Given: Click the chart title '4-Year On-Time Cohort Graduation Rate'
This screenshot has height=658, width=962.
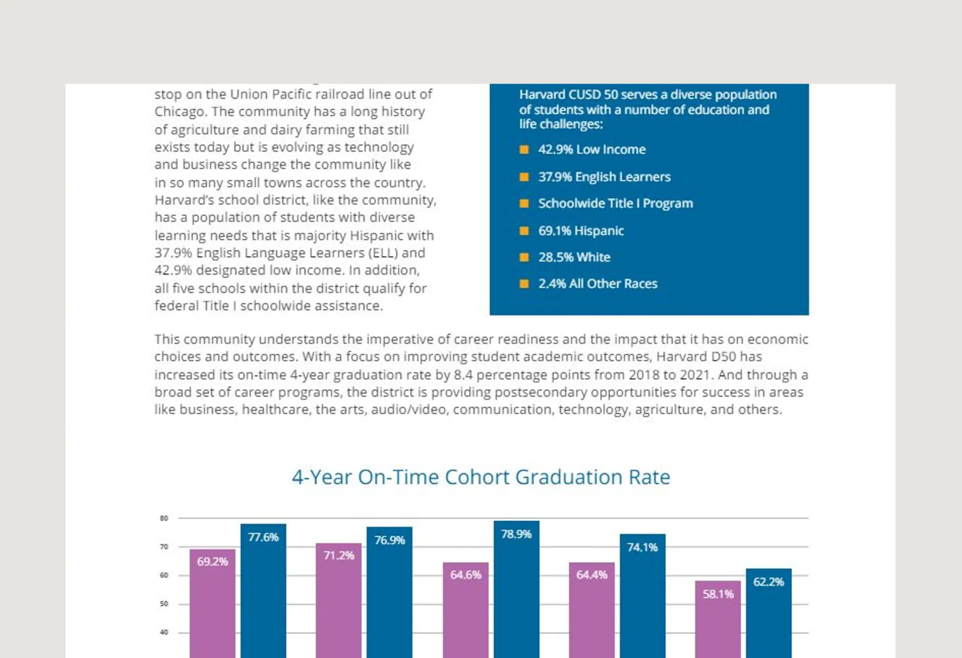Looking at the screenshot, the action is pyautogui.click(x=481, y=477).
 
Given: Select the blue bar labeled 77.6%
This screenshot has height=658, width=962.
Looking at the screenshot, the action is pyautogui.click(x=263, y=591).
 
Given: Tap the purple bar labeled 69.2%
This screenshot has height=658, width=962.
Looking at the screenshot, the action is pyautogui.click(x=213, y=604).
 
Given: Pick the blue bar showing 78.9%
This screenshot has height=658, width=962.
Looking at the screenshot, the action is pyautogui.click(x=516, y=589).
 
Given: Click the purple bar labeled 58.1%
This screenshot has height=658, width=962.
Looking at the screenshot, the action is pyautogui.click(x=718, y=620).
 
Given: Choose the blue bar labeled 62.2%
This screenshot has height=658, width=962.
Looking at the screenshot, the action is pyautogui.click(x=769, y=613).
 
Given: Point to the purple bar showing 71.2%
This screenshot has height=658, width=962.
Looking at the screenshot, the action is pyautogui.click(x=339, y=600).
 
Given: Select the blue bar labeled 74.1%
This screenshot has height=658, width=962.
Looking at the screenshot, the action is pyautogui.click(x=642, y=596).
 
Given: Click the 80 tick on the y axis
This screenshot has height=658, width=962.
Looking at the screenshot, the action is pyautogui.click(x=164, y=518).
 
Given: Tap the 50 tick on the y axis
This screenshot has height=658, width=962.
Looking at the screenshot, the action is pyautogui.click(x=164, y=604).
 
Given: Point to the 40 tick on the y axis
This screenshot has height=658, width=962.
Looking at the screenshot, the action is pyautogui.click(x=164, y=632).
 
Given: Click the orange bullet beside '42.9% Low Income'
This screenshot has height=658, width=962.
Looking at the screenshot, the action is pyautogui.click(x=524, y=150).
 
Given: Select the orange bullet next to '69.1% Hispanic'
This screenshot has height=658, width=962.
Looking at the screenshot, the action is pyautogui.click(x=524, y=231).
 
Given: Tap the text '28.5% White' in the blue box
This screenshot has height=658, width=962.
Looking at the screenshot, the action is pyautogui.click(x=574, y=257).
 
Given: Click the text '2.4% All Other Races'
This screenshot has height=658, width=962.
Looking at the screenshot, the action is pyautogui.click(x=598, y=284).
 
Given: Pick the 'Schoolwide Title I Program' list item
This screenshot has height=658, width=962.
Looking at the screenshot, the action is pyautogui.click(x=615, y=203).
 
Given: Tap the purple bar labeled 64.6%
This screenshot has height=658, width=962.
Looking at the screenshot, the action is pyautogui.click(x=466, y=610).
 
